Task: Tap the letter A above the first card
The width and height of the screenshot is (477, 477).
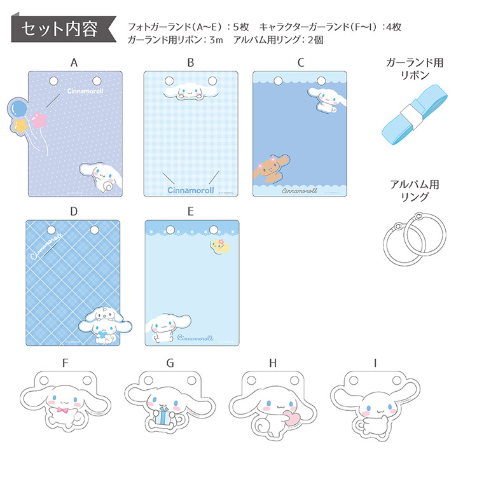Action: (x=74, y=62)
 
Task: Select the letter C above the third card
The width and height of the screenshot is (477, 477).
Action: (x=301, y=62)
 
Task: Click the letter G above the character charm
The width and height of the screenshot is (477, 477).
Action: (x=170, y=363)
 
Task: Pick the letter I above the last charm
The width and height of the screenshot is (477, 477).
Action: (x=375, y=363)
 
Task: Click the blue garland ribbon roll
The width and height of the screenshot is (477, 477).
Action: (x=407, y=119)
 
